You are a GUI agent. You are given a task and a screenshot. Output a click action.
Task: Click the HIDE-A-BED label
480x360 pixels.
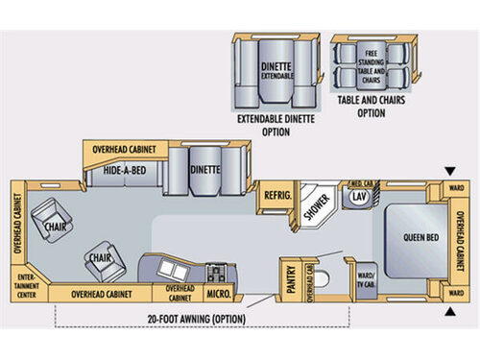click(125, 172)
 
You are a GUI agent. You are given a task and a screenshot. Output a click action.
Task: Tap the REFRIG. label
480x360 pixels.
click(276, 196)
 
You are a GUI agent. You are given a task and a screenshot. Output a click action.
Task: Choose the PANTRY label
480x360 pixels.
click(290, 276)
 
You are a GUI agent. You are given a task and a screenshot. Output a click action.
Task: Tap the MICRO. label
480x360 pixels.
click(218, 292)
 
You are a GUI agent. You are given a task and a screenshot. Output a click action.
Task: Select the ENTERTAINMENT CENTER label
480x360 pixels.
click(23, 284)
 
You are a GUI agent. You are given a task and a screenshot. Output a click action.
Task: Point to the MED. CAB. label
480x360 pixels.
click(360, 181)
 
